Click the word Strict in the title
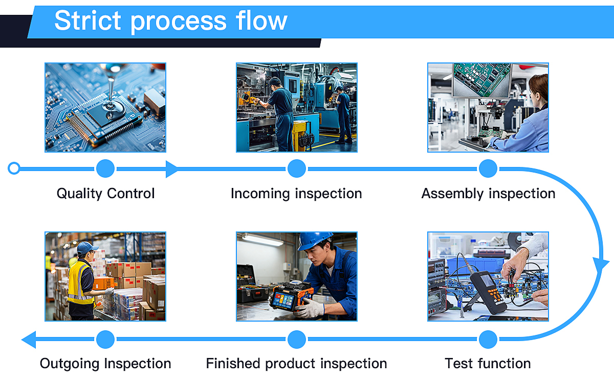click(89, 21)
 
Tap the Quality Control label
click(105, 194)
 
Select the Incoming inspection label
click(296, 194)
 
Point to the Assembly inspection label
click(488, 194)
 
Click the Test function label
click(488, 364)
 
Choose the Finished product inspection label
click(296, 364)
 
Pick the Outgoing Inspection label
click(105, 364)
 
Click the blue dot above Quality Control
click(105, 168)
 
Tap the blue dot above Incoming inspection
click(297, 168)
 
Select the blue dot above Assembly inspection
click(488, 168)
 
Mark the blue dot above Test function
click(488, 339)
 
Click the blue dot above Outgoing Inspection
click(105, 339)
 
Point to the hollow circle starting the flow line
click(14, 168)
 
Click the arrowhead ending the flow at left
click(29, 339)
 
